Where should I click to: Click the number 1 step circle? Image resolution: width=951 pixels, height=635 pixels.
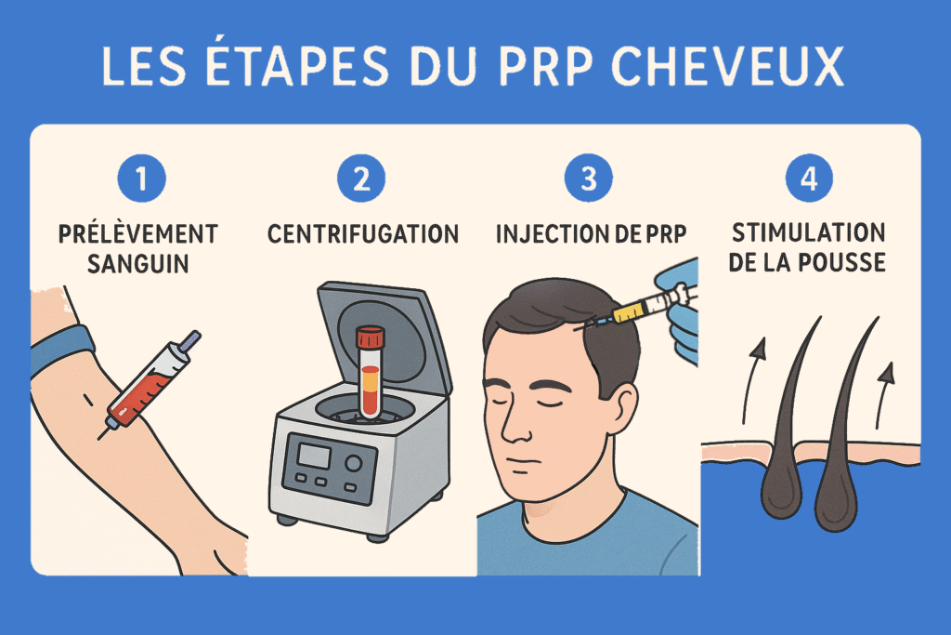point(141,178)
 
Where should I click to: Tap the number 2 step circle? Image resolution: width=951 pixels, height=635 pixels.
point(361,178)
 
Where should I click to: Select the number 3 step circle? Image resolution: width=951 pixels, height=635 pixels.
point(588,178)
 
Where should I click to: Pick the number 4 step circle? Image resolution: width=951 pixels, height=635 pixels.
point(809,178)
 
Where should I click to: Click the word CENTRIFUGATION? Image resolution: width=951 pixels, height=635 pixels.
point(363,234)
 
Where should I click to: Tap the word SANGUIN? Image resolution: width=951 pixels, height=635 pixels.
point(138,264)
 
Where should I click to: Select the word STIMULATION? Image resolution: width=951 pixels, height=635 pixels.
point(809,232)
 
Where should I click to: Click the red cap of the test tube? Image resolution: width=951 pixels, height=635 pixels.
point(371,337)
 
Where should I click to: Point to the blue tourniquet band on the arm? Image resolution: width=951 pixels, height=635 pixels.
point(61,350)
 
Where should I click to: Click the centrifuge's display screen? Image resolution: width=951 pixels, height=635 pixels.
point(314,456)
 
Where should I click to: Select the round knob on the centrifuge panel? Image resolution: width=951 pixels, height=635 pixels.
point(353,464)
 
